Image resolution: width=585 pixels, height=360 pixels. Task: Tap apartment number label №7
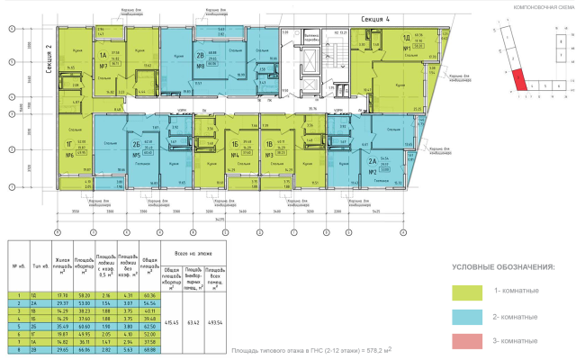(103, 67)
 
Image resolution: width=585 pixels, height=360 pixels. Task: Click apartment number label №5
(137, 155)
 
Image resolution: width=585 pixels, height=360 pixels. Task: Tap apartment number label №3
(268, 155)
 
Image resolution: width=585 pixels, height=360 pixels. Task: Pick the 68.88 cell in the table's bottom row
(149, 355)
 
